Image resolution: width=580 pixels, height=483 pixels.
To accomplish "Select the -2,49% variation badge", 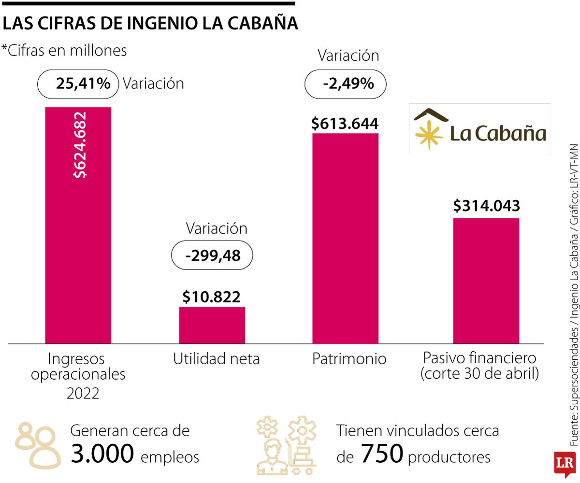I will (345, 84).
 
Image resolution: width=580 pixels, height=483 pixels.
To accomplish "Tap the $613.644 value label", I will (345, 124).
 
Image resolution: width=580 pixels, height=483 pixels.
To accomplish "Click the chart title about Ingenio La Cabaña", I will (150, 24).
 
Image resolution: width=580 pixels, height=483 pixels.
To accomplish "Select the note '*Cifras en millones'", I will (65, 50).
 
